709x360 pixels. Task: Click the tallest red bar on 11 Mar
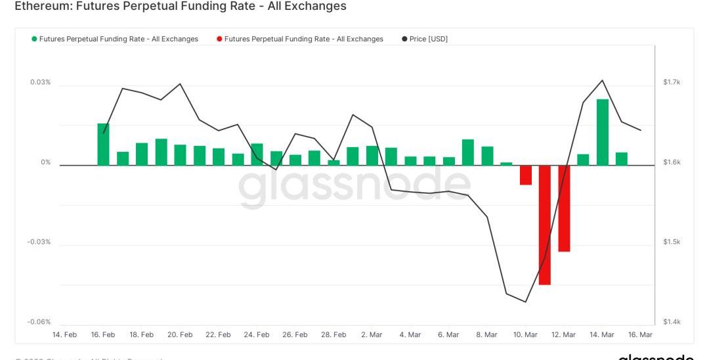click(x=544, y=225)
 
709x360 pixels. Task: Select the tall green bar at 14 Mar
click(x=602, y=132)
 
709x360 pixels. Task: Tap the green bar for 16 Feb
click(x=103, y=145)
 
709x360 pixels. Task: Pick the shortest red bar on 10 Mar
click(x=525, y=175)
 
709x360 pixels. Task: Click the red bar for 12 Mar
click(x=564, y=208)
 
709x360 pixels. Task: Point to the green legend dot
click(x=34, y=39)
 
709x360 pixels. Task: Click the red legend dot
click(x=219, y=39)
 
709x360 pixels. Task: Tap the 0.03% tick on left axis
click(x=40, y=82)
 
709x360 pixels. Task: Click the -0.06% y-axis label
click(x=39, y=322)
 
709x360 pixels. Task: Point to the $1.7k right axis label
click(x=672, y=82)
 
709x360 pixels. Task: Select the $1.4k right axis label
click(x=672, y=322)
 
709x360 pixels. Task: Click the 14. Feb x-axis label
click(x=64, y=335)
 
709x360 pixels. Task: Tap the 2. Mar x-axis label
click(x=372, y=335)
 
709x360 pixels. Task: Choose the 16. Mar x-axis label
click(x=641, y=335)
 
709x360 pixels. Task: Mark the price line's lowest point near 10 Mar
click(x=526, y=302)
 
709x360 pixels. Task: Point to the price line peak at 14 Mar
click(x=602, y=80)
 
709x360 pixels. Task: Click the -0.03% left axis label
click(x=39, y=242)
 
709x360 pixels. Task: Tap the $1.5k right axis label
click(x=672, y=242)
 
